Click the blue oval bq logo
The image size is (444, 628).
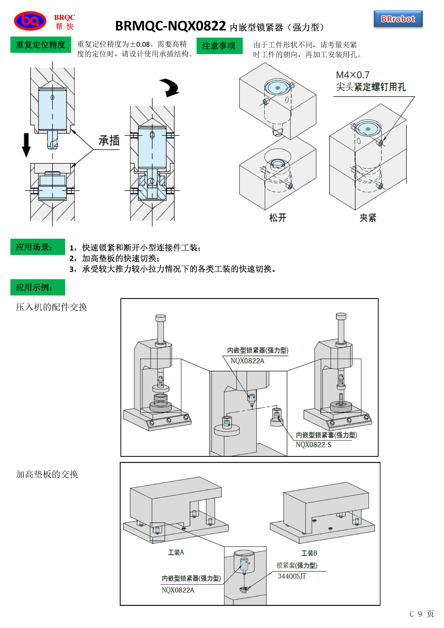30,21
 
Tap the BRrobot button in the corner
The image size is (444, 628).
398,19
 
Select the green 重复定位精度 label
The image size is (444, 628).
41,45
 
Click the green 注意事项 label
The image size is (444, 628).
219,46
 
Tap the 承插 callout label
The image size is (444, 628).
109,141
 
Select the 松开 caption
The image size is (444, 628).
277,218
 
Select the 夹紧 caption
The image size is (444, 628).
368,218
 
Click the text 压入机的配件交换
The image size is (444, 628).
51,307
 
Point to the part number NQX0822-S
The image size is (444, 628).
313,445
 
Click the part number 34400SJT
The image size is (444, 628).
292,576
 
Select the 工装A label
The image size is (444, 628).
176,552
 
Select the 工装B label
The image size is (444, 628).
309,553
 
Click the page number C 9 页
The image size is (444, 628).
422,614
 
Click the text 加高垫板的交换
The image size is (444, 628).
47,474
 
